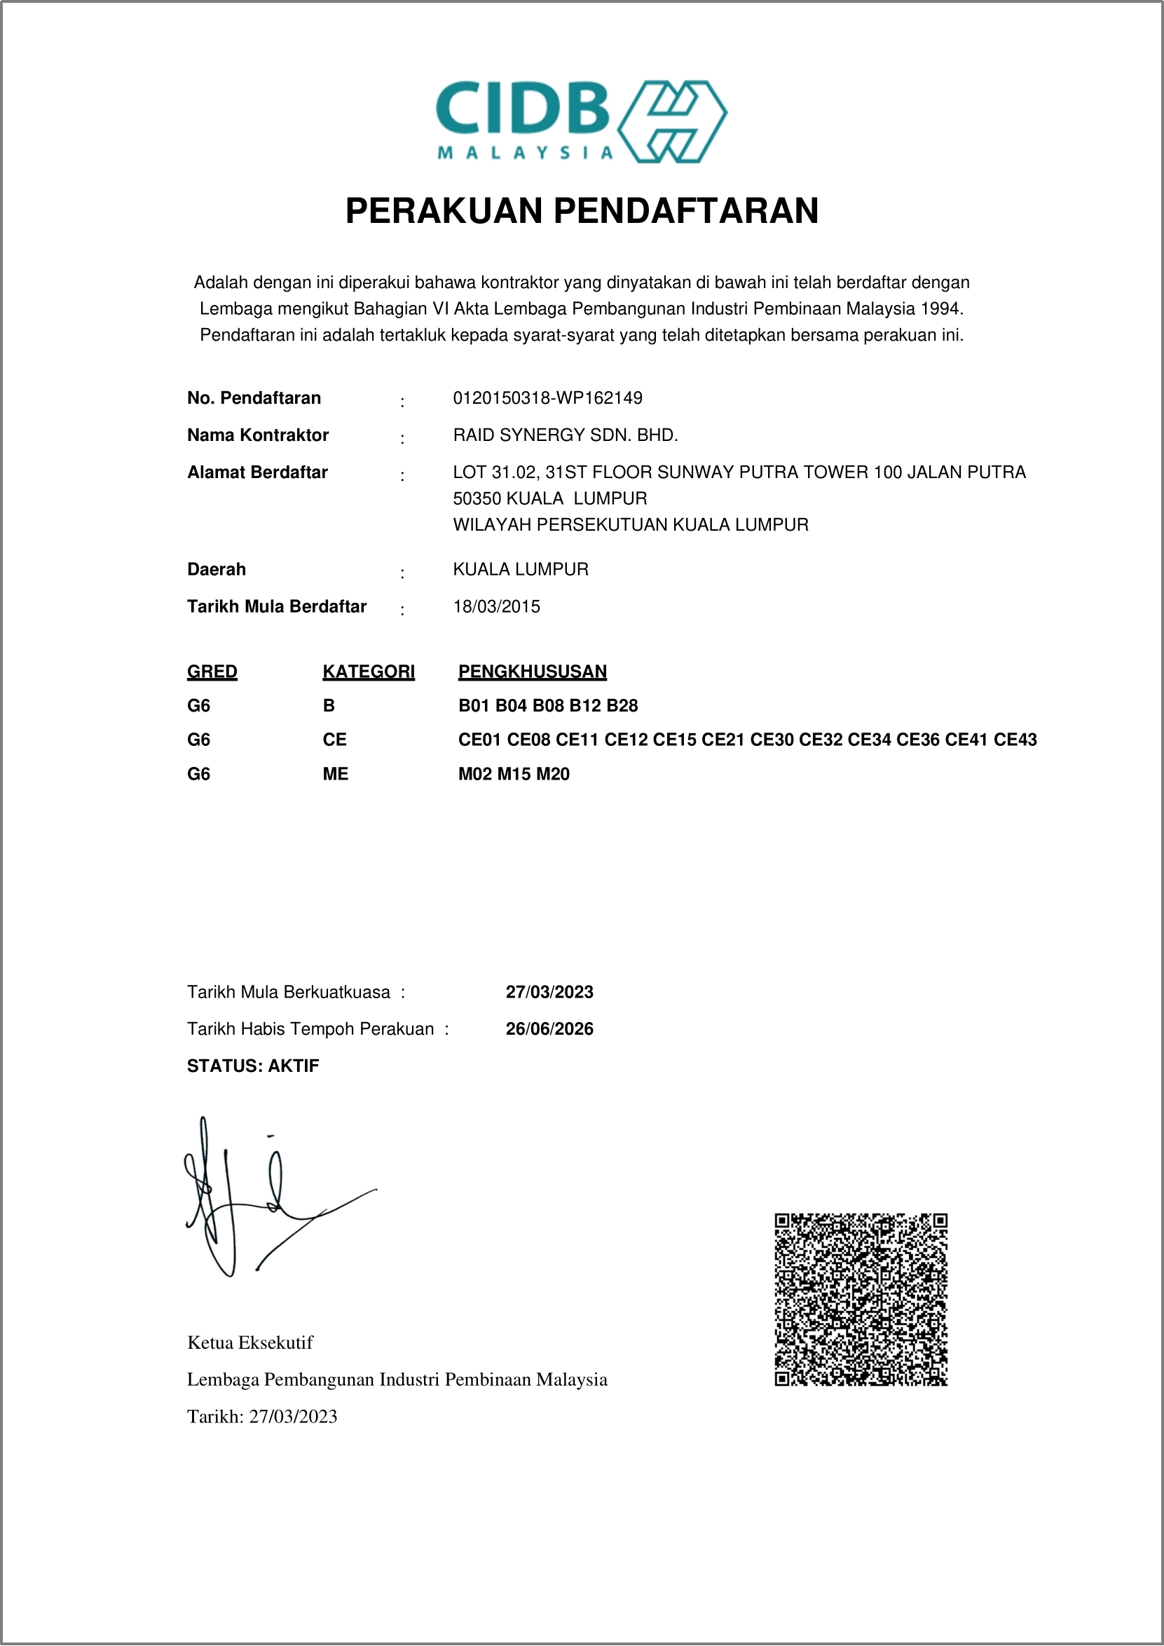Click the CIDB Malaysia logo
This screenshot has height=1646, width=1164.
coord(581,121)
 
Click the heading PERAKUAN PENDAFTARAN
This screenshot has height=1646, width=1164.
coord(581,211)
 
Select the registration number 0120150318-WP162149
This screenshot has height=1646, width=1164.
coord(547,398)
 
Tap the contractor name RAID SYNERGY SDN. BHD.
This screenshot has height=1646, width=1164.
coord(565,435)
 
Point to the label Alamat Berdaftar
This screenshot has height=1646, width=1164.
coord(257,472)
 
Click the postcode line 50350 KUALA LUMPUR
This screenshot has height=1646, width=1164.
coord(549,498)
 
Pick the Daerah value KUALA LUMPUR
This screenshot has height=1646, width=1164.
coord(521,569)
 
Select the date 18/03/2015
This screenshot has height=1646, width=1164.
coord(496,606)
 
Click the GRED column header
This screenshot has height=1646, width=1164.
coord(212,672)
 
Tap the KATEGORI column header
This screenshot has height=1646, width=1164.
coord(369,672)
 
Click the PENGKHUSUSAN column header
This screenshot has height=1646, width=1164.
coord(533,672)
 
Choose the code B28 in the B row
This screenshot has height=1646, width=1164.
coord(622,706)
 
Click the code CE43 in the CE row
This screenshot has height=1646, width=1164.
coord(1015,740)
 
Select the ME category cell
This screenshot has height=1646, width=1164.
coord(336,774)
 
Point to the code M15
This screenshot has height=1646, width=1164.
coord(514,774)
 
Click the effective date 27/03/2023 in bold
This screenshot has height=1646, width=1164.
coord(549,992)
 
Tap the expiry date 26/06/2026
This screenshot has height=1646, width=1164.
coord(549,1029)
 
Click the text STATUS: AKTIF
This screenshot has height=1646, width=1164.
coord(253,1066)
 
